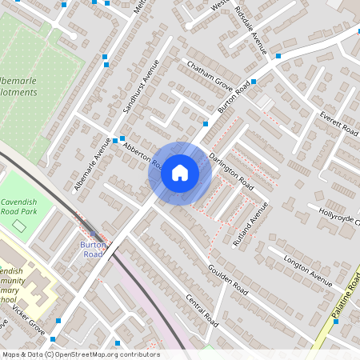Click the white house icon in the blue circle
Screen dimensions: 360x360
180,172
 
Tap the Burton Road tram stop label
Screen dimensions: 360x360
92,249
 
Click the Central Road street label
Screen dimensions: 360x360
202,310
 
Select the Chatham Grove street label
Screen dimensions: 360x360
210,74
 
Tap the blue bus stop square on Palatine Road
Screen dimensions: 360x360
335,322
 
